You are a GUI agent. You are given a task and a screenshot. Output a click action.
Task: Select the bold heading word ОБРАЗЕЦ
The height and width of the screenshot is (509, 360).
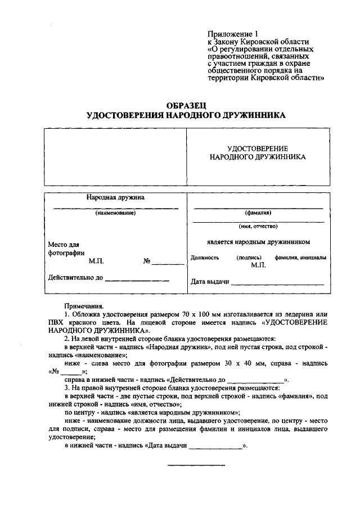186,105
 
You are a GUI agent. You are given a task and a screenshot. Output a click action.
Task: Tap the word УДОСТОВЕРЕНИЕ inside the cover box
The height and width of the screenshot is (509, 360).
257,147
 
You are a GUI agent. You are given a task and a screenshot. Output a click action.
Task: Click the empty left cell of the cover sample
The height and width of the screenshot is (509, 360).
115,156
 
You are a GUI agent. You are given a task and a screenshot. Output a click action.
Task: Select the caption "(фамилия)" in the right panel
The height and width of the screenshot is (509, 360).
258,213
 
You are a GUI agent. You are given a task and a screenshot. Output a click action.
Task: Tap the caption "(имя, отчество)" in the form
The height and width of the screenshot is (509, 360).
258,226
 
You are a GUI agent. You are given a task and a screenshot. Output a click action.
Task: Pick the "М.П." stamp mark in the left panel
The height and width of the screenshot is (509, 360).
96,261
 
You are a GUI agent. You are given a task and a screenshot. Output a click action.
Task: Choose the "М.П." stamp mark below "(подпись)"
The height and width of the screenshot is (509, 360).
258,264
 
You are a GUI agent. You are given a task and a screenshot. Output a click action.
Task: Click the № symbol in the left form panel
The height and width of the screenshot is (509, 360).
147,261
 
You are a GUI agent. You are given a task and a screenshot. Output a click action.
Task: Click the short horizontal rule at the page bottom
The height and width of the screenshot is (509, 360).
197,465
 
